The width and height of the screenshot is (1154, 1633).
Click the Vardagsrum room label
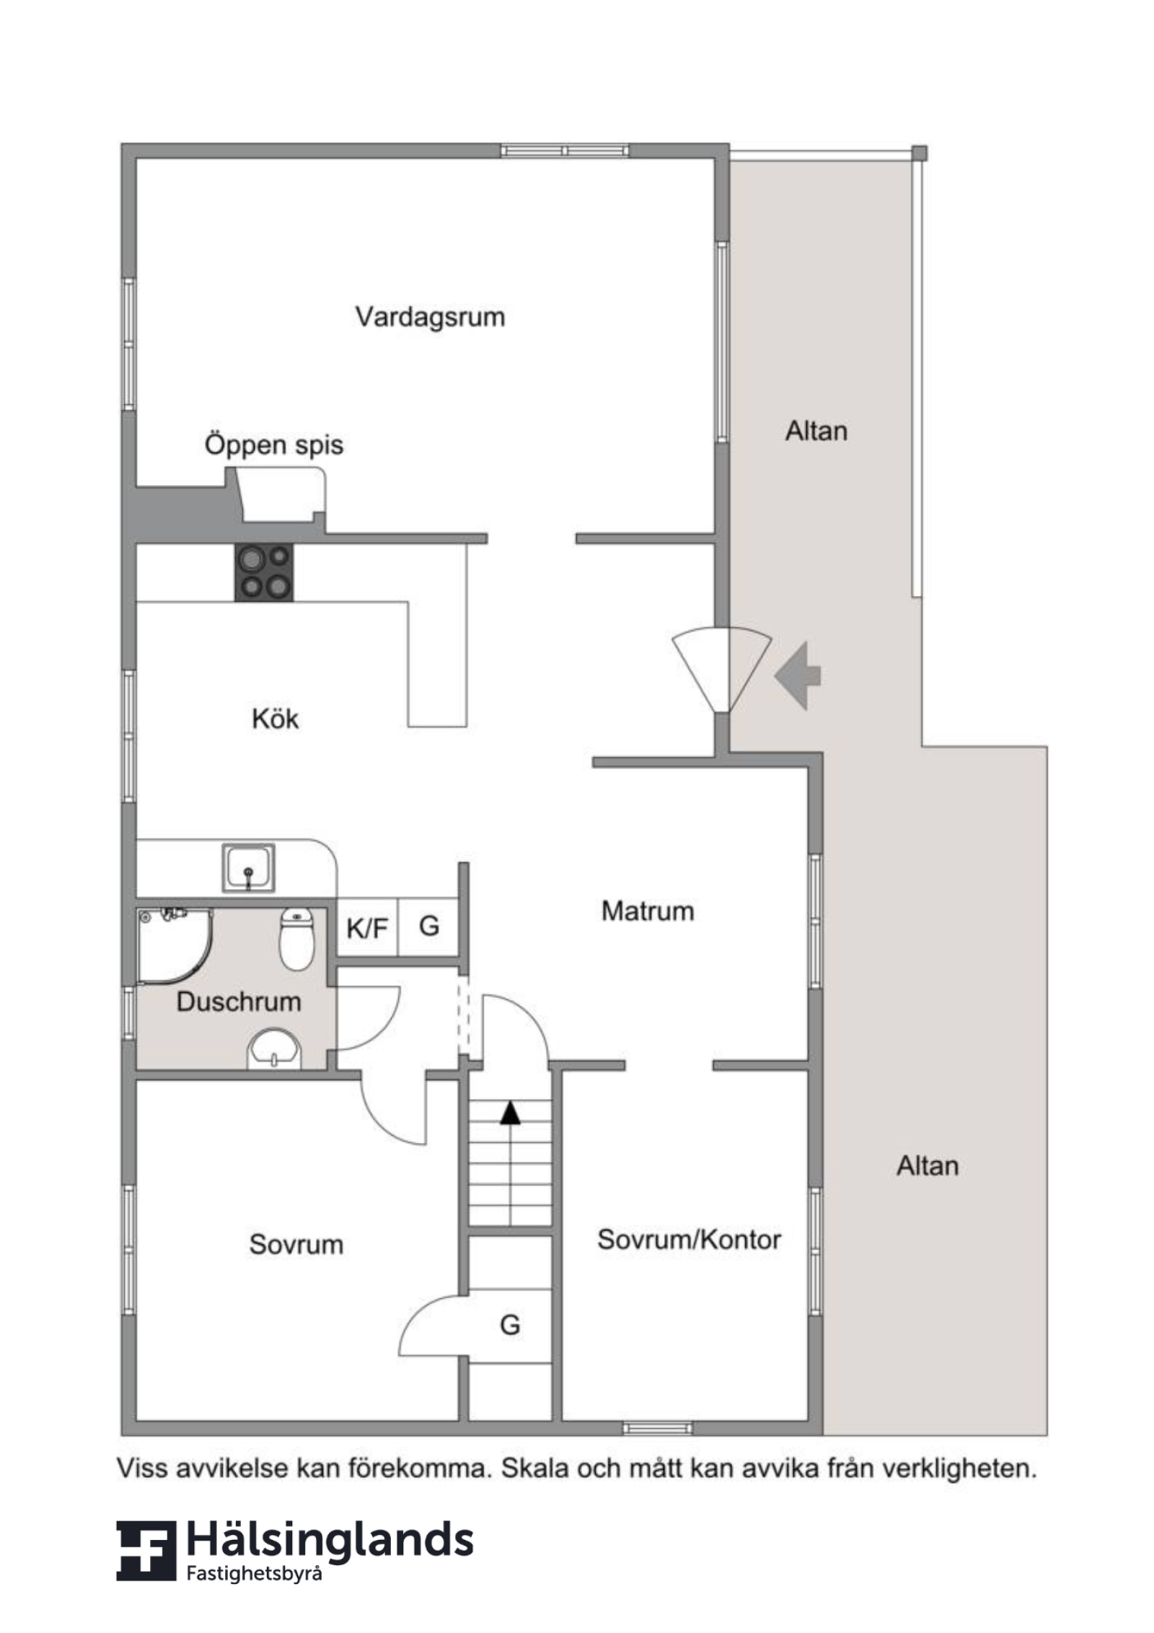coord(430,318)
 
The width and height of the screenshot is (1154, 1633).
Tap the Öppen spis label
coord(274,445)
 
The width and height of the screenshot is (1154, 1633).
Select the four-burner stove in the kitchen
coord(264,573)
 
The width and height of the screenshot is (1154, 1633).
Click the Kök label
coord(275,719)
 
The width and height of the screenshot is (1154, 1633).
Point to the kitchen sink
coord(248,868)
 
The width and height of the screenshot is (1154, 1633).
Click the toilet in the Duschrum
coord(296,939)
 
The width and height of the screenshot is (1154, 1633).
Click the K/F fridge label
coord(367,929)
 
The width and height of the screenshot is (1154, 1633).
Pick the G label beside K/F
coord(429,926)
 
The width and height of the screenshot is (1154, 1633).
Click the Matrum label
coord(648,911)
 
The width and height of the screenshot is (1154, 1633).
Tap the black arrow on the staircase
coord(511,1113)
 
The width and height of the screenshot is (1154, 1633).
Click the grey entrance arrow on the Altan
coord(798,675)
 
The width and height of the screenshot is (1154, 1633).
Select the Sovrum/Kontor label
coord(689,1240)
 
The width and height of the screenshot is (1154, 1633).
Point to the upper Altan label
coord(816,432)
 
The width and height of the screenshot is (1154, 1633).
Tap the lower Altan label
coord(928,1166)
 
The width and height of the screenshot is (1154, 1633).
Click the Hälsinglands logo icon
coord(146,1551)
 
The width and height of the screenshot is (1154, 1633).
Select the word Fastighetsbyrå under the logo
coord(254,1575)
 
